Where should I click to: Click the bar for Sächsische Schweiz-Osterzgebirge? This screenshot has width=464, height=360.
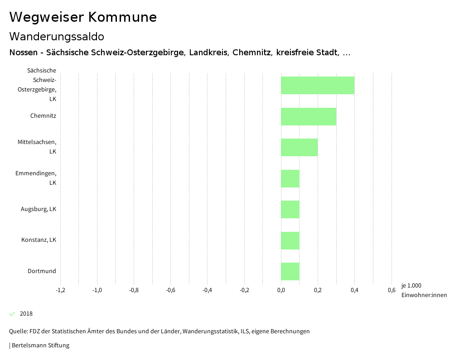click(317, 85)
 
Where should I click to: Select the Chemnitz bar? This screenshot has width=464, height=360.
click(308, 116)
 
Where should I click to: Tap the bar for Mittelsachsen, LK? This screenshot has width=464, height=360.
click(299, 147)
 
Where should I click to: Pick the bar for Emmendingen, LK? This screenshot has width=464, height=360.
click(290, 178)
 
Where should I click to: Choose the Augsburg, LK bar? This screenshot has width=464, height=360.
click(290, 209)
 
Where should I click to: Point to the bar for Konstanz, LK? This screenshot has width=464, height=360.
click(290, 240)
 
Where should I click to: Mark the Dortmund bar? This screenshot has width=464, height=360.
click(290, 271)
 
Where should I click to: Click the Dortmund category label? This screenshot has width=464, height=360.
click(42, 271)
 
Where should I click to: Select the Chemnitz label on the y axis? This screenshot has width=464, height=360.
click(43, 116)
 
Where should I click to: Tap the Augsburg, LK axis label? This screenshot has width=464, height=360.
click(39, 209)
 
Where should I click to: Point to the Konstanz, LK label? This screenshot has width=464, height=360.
click(39, 240)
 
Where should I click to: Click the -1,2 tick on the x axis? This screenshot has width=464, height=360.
click(60, 290)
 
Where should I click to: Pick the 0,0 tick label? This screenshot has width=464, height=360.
click(281, 290)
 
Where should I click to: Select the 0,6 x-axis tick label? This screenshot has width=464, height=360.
click(391, 290)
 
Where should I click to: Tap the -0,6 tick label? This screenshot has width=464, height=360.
click(170, 290)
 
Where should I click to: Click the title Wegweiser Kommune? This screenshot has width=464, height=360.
click(83, 17)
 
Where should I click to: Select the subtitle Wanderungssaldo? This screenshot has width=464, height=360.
click(57, 36)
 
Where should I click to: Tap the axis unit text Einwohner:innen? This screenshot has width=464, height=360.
click(424, 295)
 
